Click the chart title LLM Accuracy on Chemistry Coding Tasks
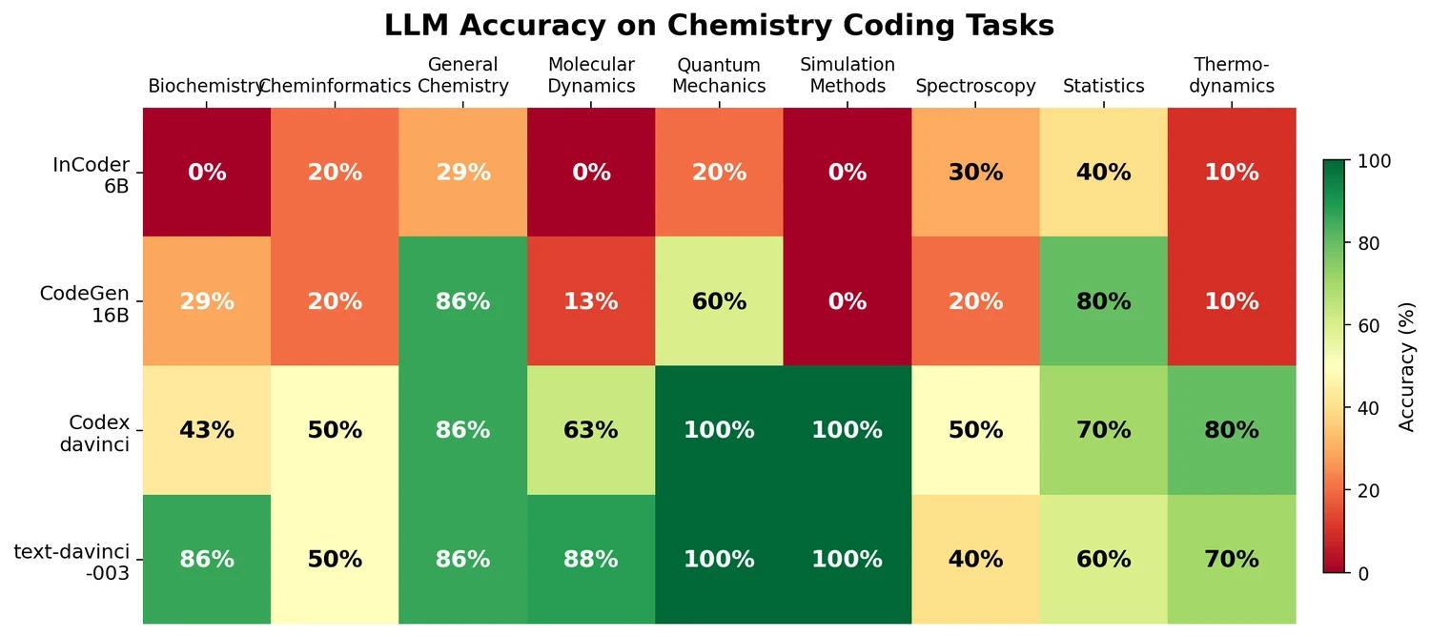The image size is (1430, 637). [719, 26]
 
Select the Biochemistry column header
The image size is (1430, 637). [205, 86]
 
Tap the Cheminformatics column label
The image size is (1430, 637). [335, 86]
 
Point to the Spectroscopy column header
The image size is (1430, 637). [975, 86]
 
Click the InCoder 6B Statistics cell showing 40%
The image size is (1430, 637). [1103, 173]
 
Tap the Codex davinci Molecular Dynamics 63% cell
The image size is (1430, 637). [591, 430]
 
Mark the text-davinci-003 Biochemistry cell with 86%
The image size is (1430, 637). [207, 559]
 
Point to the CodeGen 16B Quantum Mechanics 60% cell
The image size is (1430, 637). [719, 301]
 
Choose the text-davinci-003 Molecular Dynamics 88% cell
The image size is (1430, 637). [591, 559]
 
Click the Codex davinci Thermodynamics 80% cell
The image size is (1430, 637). [1231, 430]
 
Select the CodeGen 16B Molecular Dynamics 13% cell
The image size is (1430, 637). [591, 301]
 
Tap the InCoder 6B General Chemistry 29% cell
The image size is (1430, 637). [463, 173]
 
